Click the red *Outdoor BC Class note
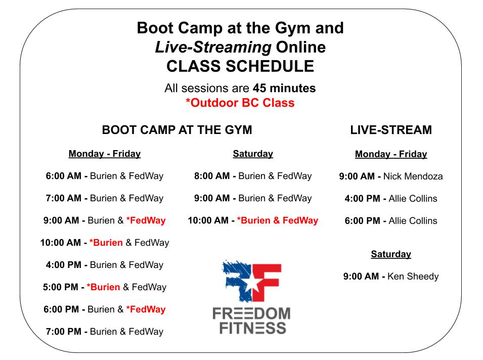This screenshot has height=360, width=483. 240,103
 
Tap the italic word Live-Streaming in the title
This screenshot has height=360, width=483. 213,47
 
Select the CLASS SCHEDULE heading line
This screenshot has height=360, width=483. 240,66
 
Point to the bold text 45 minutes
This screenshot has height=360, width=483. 284,88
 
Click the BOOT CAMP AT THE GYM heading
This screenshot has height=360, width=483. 177,130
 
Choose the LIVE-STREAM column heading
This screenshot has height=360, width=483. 391,130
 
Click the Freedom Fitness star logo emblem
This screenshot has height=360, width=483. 251,281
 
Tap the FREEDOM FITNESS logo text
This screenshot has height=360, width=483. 251,321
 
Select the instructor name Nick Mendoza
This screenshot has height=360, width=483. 413,176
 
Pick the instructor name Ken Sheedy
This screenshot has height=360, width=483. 413,277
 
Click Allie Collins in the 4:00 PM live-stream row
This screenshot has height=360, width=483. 413,199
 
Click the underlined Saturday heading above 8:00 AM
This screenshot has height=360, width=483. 253,154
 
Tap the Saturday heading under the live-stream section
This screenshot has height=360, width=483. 391,254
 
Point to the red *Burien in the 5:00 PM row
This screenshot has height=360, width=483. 103,287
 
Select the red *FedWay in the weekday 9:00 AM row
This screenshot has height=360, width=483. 146,220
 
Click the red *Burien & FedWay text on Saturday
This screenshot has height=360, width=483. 277,220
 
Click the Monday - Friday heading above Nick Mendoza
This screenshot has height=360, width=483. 391,154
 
